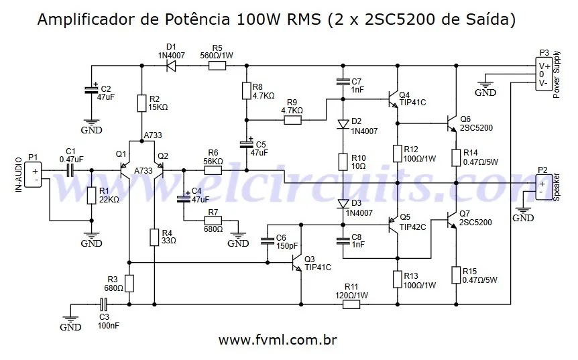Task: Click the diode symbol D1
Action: [x=171, y=66]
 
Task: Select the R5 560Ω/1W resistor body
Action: [x=217, y=66]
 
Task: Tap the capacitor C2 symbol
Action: [x=92, y=90]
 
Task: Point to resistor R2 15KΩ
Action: [x=141, y=103]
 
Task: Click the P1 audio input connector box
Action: [x=33, y=175]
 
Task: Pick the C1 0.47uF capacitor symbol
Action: [x=70, y=170]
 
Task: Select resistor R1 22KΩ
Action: [x=92, y=195]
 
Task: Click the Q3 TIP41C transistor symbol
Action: [x=297, y=262]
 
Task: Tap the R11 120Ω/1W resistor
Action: [x=351, y=304]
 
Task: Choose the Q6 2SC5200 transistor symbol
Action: [x=451, y=123]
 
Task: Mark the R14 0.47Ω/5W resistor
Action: [x=456, y=158]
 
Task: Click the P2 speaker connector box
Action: [x=544, y=187]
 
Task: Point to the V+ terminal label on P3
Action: [x=544, y=66]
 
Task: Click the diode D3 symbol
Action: [x=343, y=204]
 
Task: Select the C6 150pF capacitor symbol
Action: [x=268, y=241]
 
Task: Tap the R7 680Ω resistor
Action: [x=213, y=221]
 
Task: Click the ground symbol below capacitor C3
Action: [x=70, y=320]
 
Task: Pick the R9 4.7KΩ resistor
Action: [x=292, y=120]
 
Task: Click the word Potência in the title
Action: [x=197, y=19]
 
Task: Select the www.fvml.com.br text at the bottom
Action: [x=278, y=339]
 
